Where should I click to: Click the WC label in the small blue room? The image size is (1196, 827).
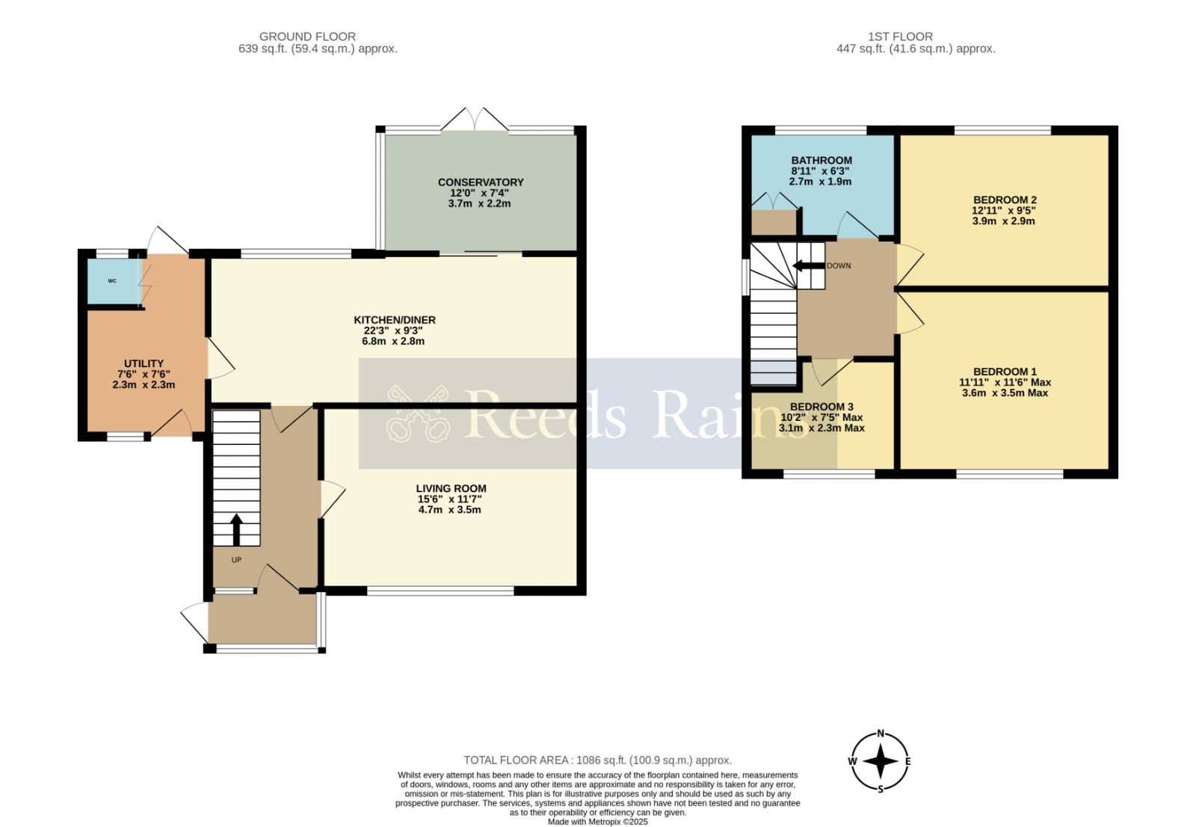[112, 281]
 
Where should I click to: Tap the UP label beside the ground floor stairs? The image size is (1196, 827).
[236, 560]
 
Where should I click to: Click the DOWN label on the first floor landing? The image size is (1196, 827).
[839, 266]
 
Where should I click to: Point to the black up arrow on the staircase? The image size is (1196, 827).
[236, 530]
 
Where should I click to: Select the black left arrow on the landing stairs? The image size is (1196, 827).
[808, 266]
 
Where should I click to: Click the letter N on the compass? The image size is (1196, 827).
[881, 734]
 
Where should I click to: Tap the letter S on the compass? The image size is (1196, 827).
[881, 789]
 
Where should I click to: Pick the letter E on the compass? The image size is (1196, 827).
[908, 761]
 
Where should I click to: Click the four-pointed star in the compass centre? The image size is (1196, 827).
[881, 761]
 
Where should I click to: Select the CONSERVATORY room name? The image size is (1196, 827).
[481, 182]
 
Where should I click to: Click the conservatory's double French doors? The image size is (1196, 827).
[475, 119]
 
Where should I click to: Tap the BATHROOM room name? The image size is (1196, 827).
[822, 160]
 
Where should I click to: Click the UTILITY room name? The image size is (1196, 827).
[144, 363]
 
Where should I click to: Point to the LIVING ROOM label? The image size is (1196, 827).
[451, 488]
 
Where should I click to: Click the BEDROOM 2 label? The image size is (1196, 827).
[1005, 200]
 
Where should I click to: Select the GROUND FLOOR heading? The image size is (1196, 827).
[307, 37]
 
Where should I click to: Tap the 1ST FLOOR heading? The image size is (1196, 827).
[900, 37]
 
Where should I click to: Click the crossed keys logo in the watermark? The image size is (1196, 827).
[418, 413]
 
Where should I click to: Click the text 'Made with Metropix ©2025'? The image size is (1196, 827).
[597, 822]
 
